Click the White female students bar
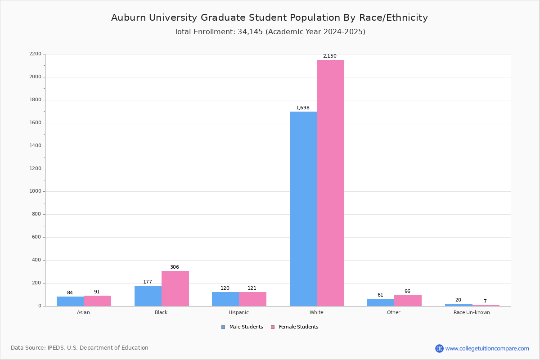(330, 183)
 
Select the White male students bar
(303, 209)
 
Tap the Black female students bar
(175, 288)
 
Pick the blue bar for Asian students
(70, 301)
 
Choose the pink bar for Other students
(408, 301)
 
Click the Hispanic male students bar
(225, 299)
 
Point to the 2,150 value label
(329, 56)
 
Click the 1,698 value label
(303, 108)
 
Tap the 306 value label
(175, 267)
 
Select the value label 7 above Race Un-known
(485, 301)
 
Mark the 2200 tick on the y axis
(36, 54)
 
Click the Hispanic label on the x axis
(238, 312)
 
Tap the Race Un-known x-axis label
(472, 312)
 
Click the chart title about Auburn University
(270, 18)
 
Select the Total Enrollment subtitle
(270, 32)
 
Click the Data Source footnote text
(80, 348)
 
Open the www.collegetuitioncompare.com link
(487, 348)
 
